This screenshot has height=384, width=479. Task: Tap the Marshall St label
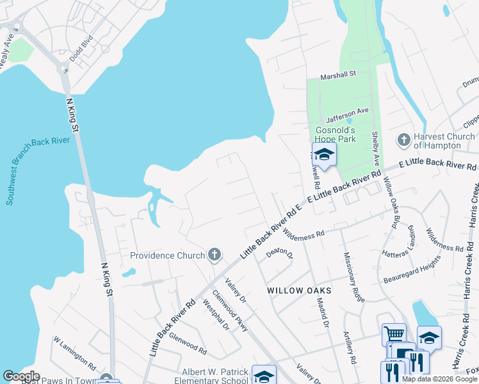pyautogui.click(x=338, y=75)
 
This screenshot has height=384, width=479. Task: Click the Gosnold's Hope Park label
pyautogui.click(x=341, y=134)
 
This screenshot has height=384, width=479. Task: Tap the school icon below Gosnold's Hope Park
pyautogui.click(x=324, y=155)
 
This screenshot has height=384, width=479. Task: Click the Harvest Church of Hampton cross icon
pyautogui.click(x=403, y=140)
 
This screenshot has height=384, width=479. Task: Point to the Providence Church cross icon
pyautogui.click(x=215, y=255)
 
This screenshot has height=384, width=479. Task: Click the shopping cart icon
pyautogui.click(x=394, y=333)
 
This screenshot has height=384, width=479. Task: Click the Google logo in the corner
pyautogui.click(x=21, y=376)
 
